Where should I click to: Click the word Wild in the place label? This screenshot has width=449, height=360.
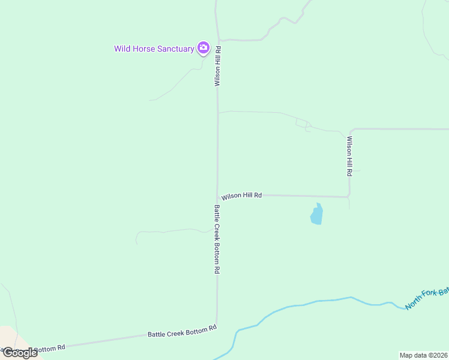[122, 49]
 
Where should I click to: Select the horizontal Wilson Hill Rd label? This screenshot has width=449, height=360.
[241, 196]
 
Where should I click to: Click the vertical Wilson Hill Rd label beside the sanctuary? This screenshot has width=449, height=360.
[218, 66]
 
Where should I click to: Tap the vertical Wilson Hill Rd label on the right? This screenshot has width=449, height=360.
[349, 156]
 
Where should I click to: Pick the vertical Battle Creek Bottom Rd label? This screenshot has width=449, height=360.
[217, 239]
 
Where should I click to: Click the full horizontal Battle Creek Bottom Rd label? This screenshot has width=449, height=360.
[182, 331]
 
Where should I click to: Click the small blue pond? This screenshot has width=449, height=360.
[316, 214]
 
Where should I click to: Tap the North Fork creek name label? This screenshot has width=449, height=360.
[426, 298]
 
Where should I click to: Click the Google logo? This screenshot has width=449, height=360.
[20, 353]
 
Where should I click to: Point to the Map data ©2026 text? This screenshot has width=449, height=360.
[423, 355]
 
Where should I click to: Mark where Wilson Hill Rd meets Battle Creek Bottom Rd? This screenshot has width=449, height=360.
[217, 195]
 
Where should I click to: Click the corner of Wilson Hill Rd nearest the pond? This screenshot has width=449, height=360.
[349, 196]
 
